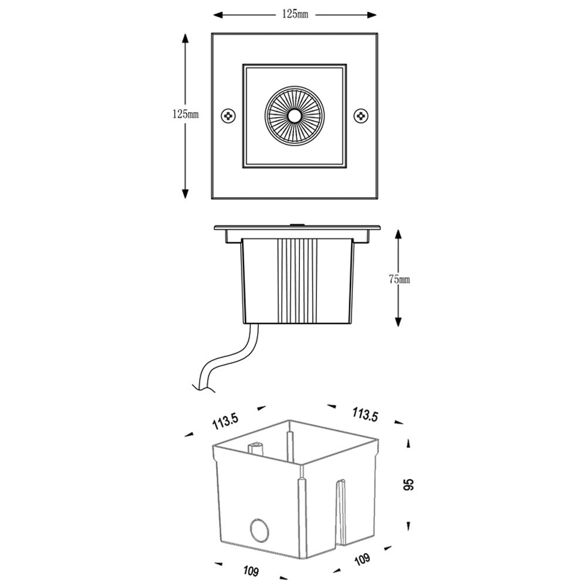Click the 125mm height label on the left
click(185, 115)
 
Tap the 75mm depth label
click(399, 279)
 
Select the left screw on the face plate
click(228, 116)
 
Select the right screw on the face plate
click(361, 116)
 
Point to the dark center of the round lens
click(294, 116)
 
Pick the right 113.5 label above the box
click(365, 414)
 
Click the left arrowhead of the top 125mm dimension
click(216, 14)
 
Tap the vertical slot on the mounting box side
click(340, 511)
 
